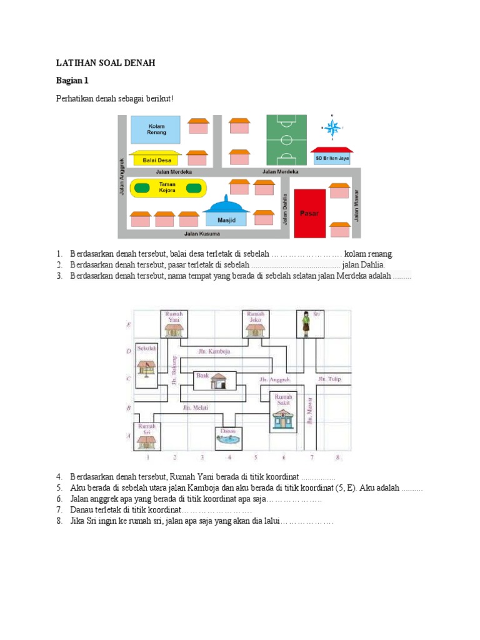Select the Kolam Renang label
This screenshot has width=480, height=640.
[x=156, y=129]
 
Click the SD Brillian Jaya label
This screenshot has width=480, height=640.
[x=331, y=159]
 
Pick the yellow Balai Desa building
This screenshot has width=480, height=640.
[x=154, y=159]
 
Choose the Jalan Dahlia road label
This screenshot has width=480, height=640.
[x=284, y=209]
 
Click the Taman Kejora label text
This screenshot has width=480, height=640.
[x=167, y=187]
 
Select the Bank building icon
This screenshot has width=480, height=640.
[x=217, y=379]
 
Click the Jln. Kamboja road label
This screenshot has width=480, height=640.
[x=214, y=351]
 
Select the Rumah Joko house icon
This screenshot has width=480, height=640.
[x=256, y=329]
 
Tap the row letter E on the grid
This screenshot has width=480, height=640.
[x=128, y=325]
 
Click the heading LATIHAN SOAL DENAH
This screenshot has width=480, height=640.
[x=105, y=63]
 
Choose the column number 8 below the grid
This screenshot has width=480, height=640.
[x=337, y=457]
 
